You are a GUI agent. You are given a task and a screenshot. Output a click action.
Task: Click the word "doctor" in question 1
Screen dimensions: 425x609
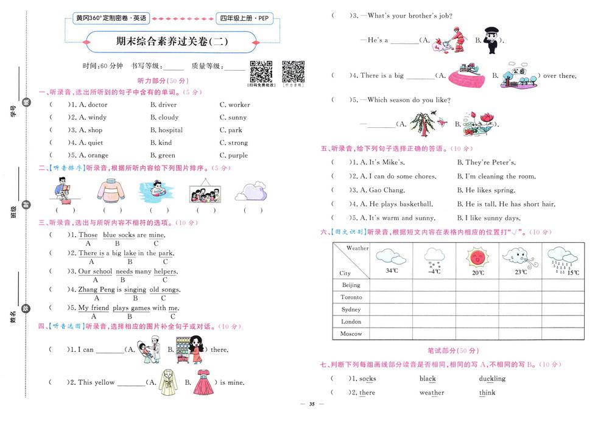click(97, 105)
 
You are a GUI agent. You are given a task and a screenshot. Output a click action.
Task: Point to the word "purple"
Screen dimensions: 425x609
click(238, 156)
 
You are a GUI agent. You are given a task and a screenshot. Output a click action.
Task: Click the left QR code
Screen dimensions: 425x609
click(261, 71)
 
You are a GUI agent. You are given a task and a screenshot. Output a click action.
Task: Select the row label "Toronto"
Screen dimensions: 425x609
click(351, 297)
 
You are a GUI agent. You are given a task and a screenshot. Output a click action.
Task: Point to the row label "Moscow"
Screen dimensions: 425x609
click(351, 334)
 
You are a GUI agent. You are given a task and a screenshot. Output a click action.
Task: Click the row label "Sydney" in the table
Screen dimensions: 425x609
click(351, 309)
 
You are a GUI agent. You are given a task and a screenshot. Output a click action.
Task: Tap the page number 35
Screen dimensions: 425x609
click(311, 404)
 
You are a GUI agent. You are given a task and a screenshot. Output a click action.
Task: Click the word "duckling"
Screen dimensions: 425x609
click(492, 379)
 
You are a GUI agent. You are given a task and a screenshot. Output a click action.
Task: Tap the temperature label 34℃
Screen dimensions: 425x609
click(391, 270)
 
